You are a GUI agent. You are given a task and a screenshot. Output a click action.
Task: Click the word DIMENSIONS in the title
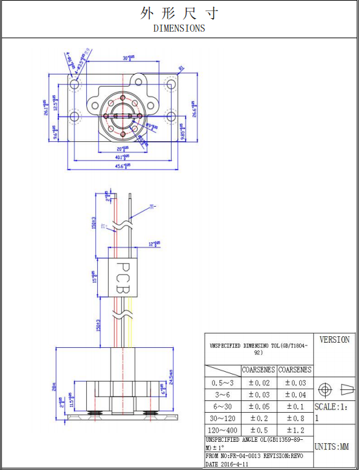tap(179, 28)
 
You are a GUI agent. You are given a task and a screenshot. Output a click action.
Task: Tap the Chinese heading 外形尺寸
tap(179, 13)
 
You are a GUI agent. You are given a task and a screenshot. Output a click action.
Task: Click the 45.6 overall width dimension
tap(122, 167)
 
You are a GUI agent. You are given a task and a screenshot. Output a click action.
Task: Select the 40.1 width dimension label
tap(122, 157)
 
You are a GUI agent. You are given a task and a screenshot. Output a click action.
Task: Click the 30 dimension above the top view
tap(129, 58)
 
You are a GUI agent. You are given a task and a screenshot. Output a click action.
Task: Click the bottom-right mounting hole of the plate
tap(171, 117)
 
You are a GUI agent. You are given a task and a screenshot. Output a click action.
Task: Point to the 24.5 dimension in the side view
tap(171, 376)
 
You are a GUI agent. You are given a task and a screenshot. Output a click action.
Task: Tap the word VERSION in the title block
tap(335, 339)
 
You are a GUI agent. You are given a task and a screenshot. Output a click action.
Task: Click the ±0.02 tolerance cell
tap(258, 384)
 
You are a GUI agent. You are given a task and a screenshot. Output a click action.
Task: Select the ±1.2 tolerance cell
tap(295, 430)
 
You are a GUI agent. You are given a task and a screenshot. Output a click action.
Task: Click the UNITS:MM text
tap(335, 446)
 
